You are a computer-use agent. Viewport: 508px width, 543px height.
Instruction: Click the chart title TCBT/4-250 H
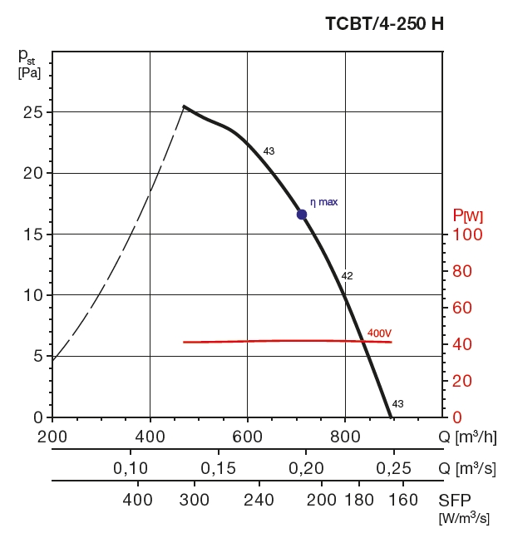pos(384,23)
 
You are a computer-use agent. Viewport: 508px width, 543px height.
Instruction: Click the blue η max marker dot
pos(302,215)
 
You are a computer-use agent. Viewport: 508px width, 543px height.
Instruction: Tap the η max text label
pos(324,202)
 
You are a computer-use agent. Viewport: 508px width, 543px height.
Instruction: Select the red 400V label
pos(379,333)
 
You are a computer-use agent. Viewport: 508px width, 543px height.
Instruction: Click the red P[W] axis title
pos(466,216)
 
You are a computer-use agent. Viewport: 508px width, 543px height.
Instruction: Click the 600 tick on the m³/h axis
pos(248,436)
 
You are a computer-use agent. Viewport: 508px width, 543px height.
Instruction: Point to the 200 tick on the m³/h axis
pos(52,436)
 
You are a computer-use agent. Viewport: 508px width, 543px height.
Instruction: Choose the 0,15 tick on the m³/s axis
pos(218,467)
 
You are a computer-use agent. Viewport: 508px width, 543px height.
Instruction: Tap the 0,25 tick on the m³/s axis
pos(393,467)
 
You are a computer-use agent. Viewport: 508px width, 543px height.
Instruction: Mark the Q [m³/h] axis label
pos(467,437)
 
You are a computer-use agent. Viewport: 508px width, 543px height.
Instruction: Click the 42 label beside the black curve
pos(348,276)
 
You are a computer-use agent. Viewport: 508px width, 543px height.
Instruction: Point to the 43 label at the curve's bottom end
pos(397,404)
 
